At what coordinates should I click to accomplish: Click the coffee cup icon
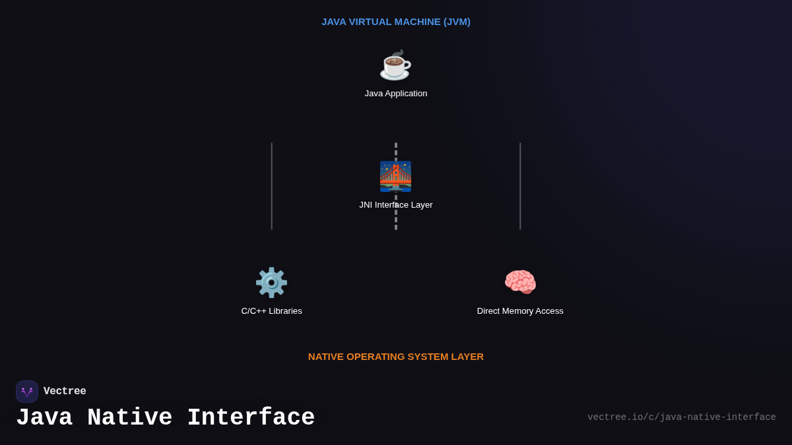coord(395,65)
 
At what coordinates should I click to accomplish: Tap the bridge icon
coord(395,176)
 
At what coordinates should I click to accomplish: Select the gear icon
coord(271,282)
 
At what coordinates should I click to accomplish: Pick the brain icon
coord(520,282)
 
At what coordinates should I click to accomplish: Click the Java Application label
coord(396,94)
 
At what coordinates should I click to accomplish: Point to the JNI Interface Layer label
coord(396,205)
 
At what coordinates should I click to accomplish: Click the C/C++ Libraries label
coord(271,311)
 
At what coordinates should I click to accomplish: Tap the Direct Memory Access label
coord(520,311)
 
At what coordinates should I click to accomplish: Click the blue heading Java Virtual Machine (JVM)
coord(396,22)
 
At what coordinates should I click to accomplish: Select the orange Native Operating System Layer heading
coord(396,357)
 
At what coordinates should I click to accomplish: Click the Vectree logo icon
coord(27,392)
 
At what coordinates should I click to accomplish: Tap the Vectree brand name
coord(65,392)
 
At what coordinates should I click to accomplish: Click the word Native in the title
coord(130,418)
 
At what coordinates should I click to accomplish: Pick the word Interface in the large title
coord(251,418)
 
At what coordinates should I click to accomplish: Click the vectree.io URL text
coord(682,417)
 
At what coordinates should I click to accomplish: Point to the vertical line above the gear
coord(271,186)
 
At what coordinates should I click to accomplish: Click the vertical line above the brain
coord(520,186)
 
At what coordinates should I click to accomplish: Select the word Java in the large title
coord(44,418)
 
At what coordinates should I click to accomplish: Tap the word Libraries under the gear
coord(284,311)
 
